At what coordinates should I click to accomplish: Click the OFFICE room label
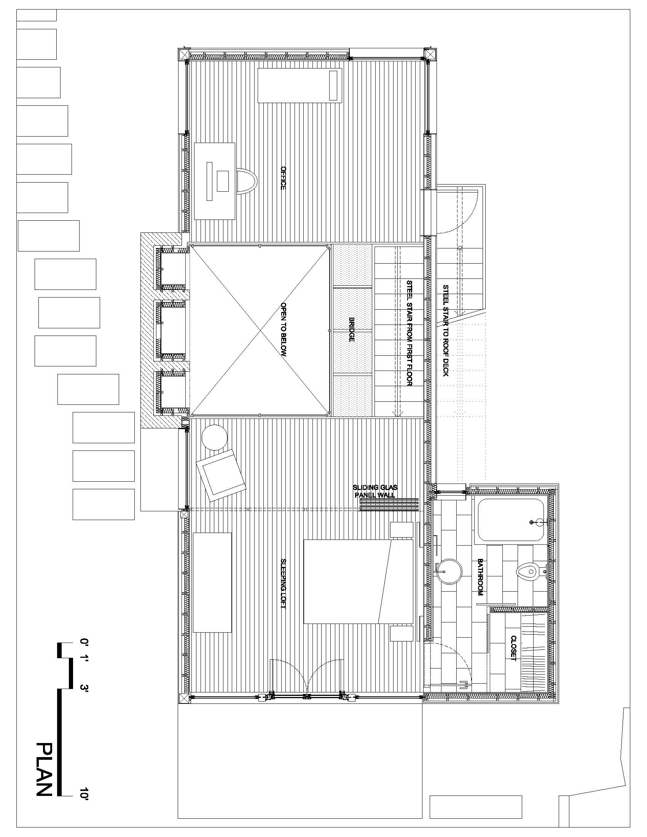283,178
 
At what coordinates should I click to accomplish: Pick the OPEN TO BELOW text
284,329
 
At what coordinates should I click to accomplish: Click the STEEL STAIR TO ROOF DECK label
446,330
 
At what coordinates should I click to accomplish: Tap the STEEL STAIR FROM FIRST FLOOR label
409,333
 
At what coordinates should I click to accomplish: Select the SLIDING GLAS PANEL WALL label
375,491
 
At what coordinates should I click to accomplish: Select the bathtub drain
531,522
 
